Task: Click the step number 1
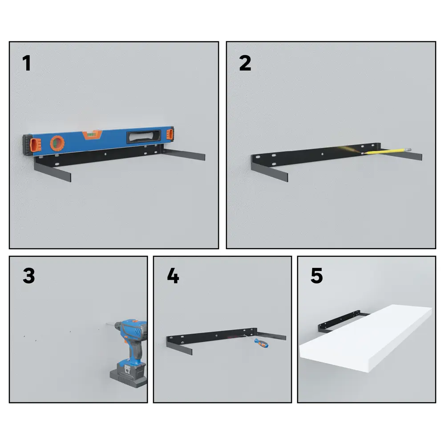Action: pyautogui.click(x=27, y=63)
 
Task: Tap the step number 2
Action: pyautogui.click(x=245, y=63)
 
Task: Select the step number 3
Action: pyautogui.click(x=29, y=275)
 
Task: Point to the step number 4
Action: pyautogui.click(x=173, y=275)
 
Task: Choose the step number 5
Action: pyautogui.click(x=317, y=275)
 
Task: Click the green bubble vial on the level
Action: pyautogui.click(x=90, y=134)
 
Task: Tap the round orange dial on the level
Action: pyautogui.click(x=57, y=143)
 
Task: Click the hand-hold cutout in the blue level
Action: pyautogui.click(x=144, y=137)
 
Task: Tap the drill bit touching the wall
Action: pyautogui.click(x=110, y=324)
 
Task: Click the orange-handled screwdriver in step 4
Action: pyautogui.click(x=258, y=341)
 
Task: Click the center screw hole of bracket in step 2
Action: pyautogui.click(x=322, y=154)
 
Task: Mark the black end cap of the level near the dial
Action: pyautogui.click(x=28, y=145)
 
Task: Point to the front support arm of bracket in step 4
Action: pyautogui.click(x=179, y=347)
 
